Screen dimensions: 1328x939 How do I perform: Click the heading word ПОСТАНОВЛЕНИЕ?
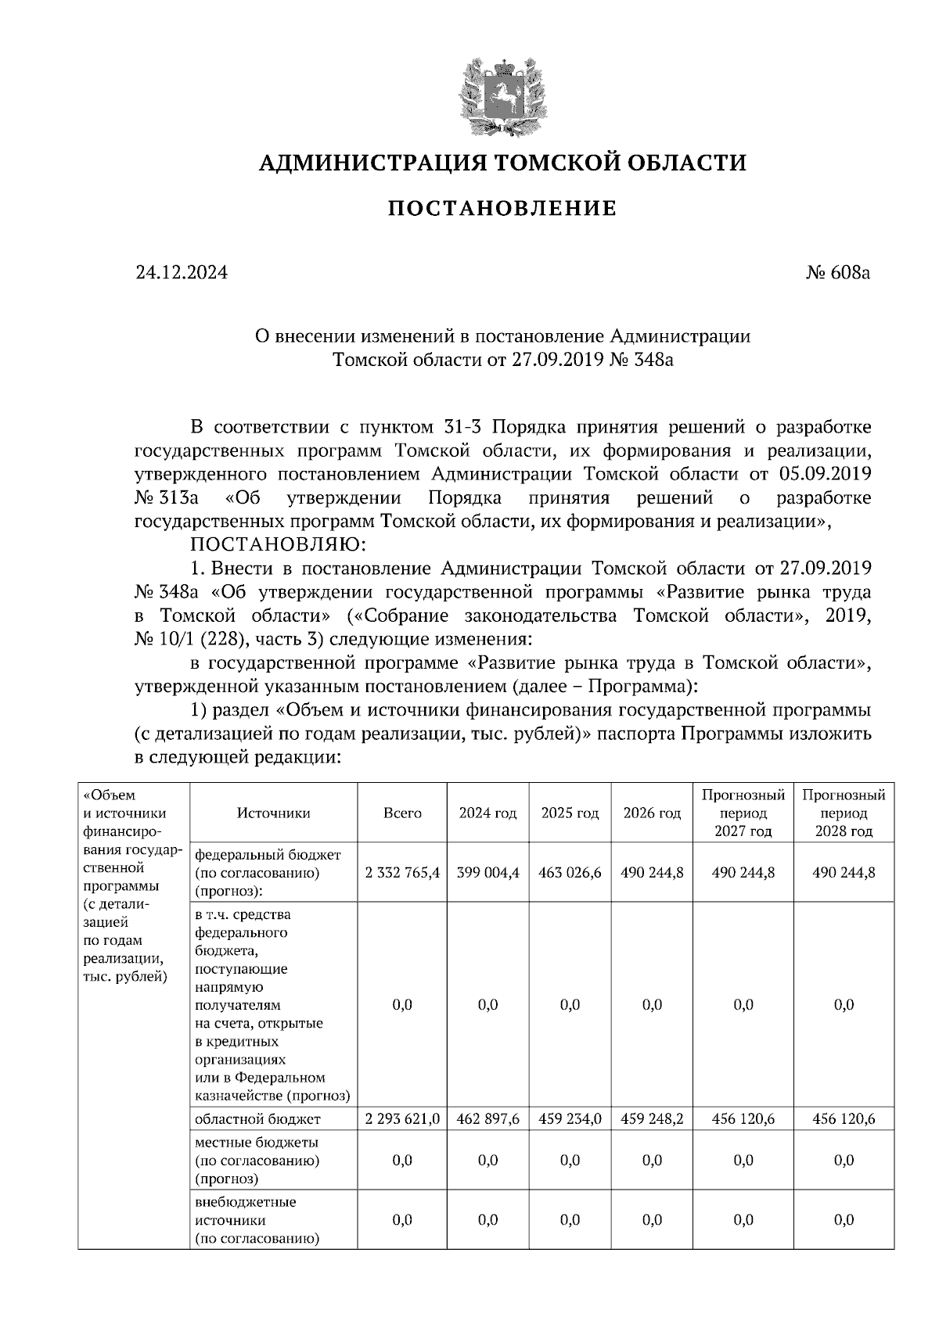tap(502, 209)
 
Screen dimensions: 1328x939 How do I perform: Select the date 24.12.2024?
tap(182, 273)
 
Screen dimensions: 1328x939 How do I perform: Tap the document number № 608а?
tap(837, 273)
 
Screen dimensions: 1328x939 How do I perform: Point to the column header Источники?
tap(273, 813)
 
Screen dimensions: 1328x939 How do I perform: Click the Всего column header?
tap(402, 813)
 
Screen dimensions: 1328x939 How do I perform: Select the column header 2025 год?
tap(570, 813)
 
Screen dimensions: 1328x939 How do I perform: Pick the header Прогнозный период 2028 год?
tap(844, 813)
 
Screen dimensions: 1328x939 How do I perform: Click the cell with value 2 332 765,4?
tap(402, 872)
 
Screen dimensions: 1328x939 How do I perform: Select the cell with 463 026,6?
tap(570, 872)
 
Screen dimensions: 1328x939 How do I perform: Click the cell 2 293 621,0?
tap(402, 1119)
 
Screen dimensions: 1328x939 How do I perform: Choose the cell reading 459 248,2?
tap(652, 1119)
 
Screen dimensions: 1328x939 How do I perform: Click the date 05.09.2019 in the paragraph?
tap(826, 474)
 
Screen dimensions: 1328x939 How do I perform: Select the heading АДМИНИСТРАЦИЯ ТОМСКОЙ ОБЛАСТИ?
tap(502, 163)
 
